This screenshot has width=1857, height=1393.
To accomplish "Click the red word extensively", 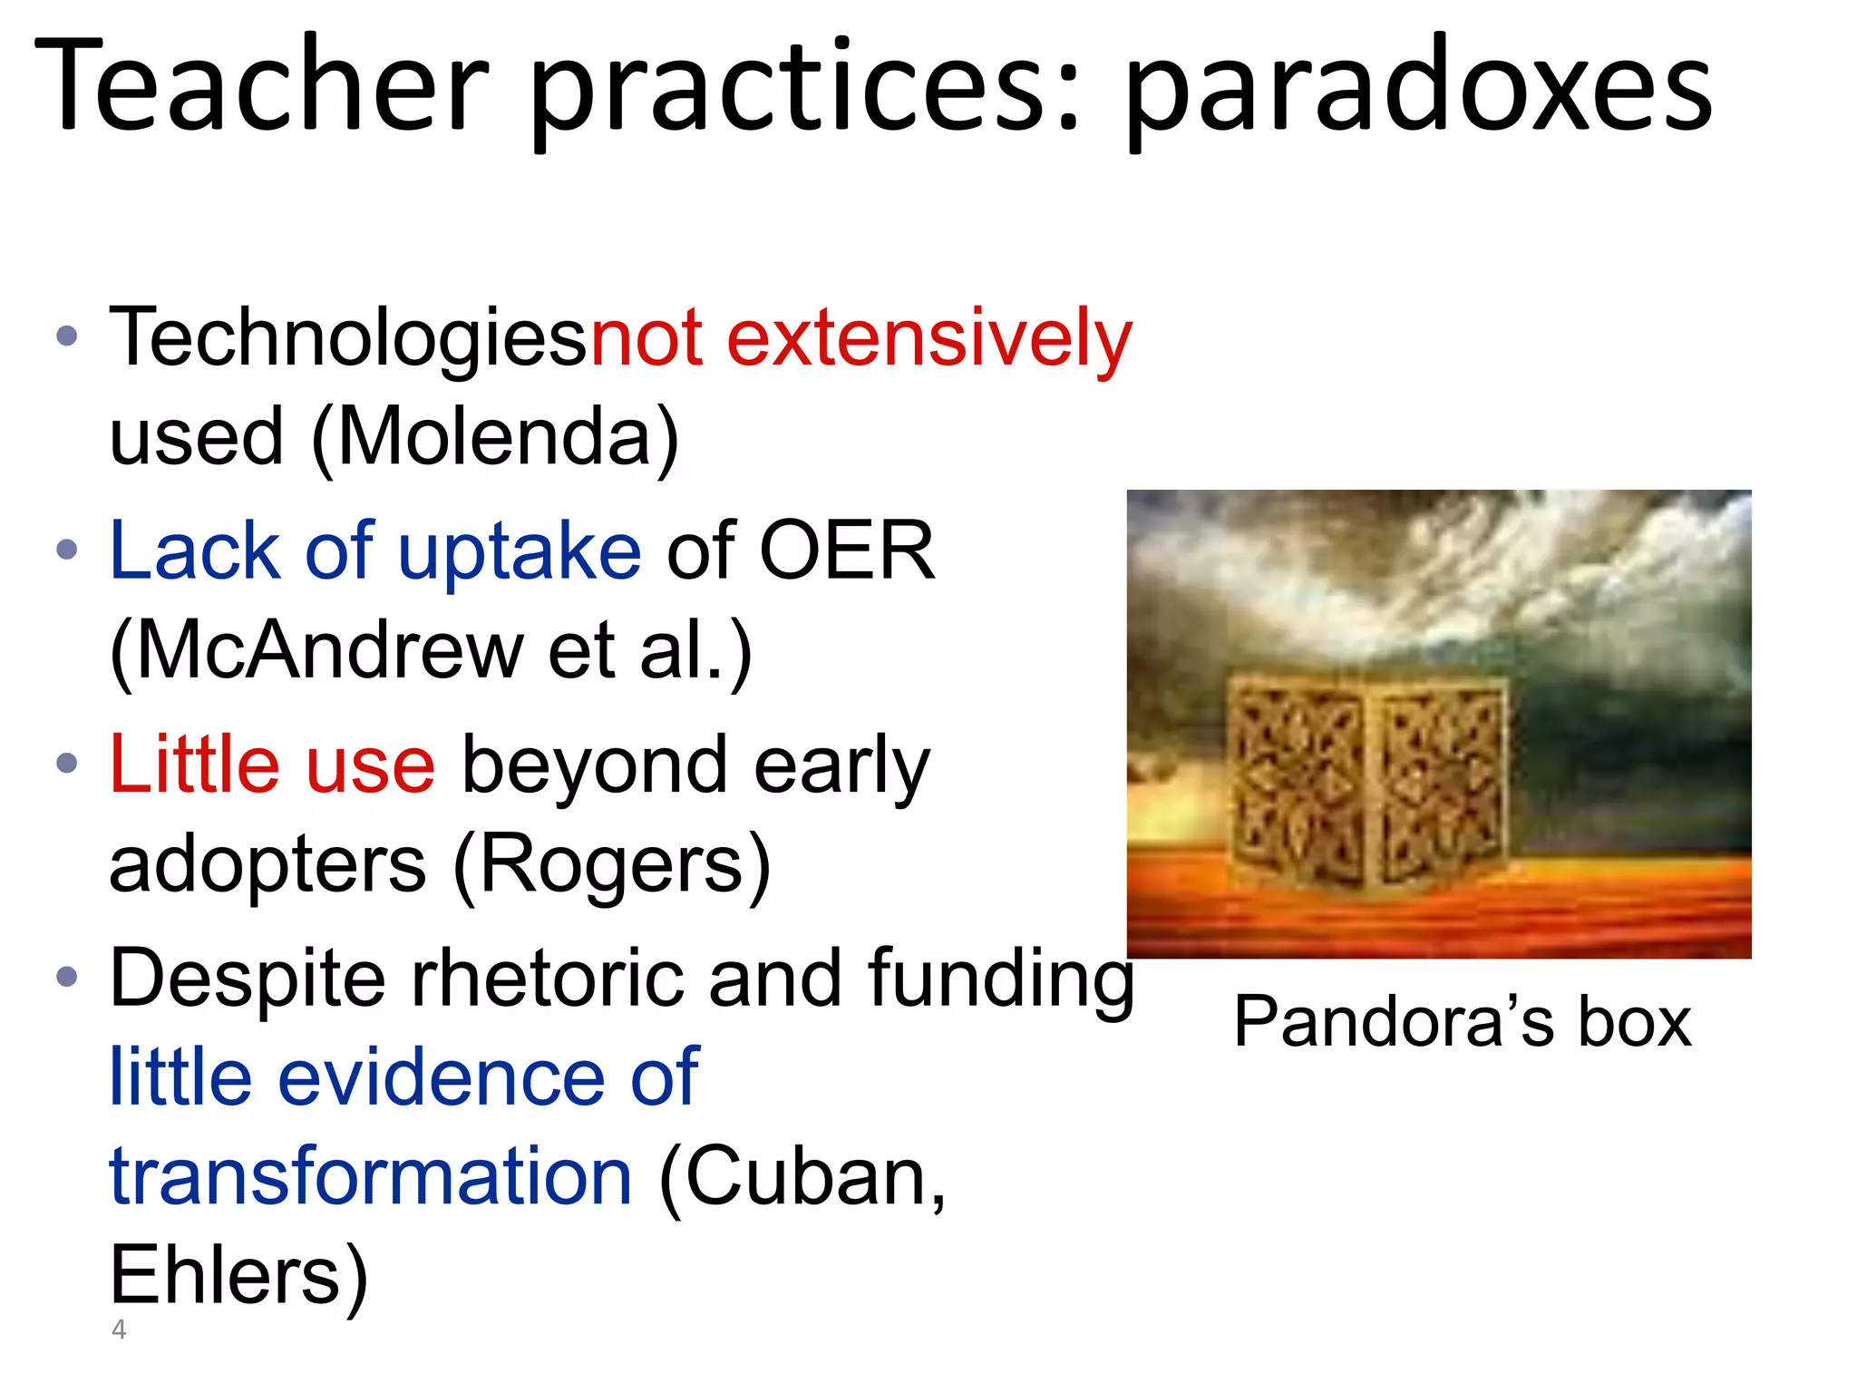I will [x=929, y=338].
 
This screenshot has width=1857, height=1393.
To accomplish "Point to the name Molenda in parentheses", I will [x=494, y=437].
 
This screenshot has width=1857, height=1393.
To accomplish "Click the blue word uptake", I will [x=520, y=552].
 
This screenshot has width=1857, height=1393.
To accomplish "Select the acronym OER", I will [x=846, y=550].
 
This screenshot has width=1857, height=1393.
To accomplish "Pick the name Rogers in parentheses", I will [x=611, y=864].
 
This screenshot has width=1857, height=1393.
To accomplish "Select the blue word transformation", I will [x=370, y=1176].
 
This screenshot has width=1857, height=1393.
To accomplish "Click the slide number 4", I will [x=119, y=1330].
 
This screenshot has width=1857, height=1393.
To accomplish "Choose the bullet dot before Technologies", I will [x=67, y=337].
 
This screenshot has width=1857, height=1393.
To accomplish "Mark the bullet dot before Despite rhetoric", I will [x=67, y=978].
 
